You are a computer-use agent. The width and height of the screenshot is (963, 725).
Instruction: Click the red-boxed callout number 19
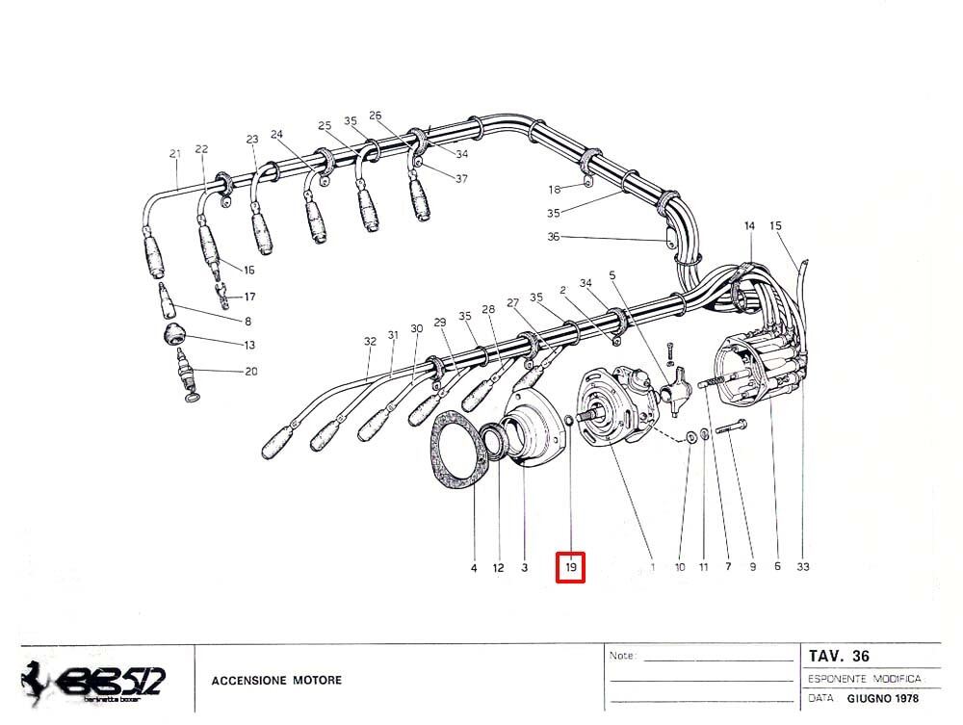(571, 568)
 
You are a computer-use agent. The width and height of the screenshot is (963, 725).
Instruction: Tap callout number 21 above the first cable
(174, 153)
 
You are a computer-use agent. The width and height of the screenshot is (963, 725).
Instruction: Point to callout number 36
(553, 237)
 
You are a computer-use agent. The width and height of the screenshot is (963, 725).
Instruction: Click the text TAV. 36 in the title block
(841, 657)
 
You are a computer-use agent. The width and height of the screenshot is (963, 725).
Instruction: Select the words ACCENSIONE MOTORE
(276, 681)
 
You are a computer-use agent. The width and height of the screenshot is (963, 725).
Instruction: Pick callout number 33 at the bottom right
(803, 567)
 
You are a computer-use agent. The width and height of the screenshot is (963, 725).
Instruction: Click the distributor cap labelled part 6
(756, 371)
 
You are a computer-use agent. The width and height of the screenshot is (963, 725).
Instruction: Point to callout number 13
(249, 345)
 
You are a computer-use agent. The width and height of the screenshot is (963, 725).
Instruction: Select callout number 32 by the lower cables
(370, 341)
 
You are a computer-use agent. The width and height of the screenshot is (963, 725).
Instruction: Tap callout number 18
(555, 189)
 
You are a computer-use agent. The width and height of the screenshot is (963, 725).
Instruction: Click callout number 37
(461, 179)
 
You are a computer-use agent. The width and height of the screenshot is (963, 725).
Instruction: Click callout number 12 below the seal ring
(498, 568)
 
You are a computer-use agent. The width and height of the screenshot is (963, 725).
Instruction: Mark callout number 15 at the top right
(776, 226)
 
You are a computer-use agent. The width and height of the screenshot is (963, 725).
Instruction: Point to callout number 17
(249, 297)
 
